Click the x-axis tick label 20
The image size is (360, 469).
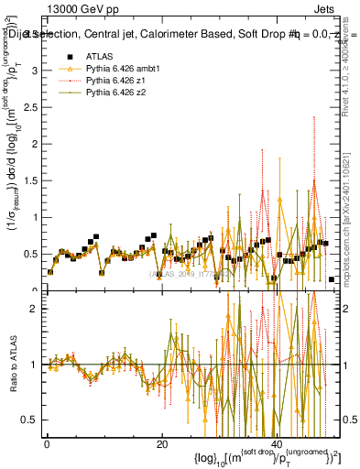point(161,443)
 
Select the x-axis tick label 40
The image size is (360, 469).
point(276,443)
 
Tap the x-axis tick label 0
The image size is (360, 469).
point(47,443)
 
